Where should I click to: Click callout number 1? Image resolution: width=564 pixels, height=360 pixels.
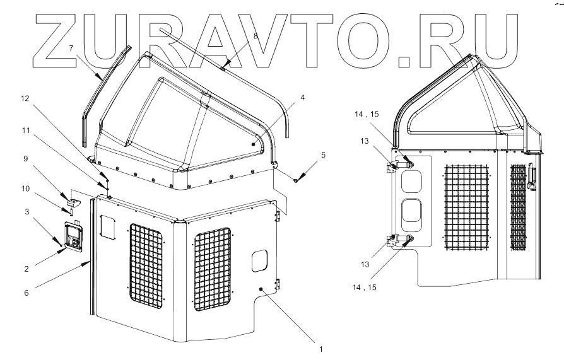(320, 349)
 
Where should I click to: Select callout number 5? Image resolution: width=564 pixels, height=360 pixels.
(323, 154)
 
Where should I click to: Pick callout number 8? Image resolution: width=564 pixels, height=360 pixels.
(256, 37)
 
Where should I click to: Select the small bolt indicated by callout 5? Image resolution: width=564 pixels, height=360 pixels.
(296, 180)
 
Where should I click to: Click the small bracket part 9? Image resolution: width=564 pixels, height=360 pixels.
(74, 200)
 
